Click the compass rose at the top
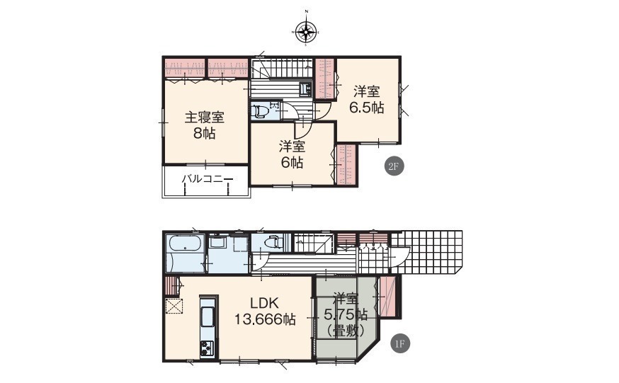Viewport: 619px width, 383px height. [306, 30]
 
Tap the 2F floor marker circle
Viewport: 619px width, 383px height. [394, 167]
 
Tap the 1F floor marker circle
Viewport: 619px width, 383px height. [400, 344]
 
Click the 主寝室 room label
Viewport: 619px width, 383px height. [205, 118]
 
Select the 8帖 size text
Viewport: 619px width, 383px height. [205, 134]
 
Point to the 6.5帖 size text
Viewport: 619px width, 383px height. [367, 108]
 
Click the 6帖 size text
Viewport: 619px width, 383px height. [292, 162]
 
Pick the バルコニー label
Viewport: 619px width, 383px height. [208, 179]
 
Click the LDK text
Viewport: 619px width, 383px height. [265, 303]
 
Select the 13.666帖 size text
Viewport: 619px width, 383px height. [266, 319]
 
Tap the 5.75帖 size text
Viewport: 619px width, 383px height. [346, 314]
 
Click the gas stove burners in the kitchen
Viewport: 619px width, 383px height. [207, 348]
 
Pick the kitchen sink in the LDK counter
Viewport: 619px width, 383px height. [208, 316]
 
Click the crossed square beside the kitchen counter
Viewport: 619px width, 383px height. [174, 306]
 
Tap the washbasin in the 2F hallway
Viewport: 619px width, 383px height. [305, 89]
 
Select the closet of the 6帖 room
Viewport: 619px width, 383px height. [346, 164]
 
